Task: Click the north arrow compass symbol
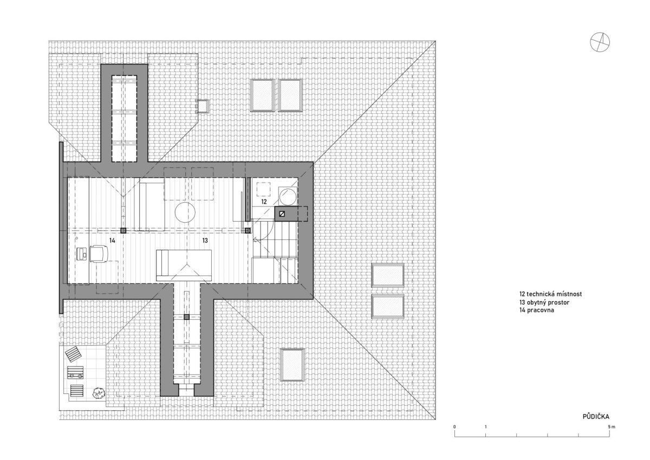click(x=600, y=42)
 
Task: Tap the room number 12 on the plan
click(x=264, y=202)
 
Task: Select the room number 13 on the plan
click(x=205, y=241)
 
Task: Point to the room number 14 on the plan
click(x=112, y=241)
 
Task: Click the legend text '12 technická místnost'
click(x=550, y=294)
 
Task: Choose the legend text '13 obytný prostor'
click(x=544, y=302)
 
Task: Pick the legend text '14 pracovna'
click(x=537, y=310)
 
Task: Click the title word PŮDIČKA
click(x=596, y=417)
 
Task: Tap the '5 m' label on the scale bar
click(x=612, y=426)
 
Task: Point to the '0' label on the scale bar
click(x=454, y=426)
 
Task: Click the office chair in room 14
click(x=99, y=254)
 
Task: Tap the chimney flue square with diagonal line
click(x=282, y=214)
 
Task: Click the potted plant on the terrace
click(x=98, y=393)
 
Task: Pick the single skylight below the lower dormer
click(x=292, y=365)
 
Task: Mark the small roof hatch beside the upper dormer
click(x=203, y=106)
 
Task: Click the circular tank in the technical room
click(x=288, y=196)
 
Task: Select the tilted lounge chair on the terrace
click(x=74, y=354)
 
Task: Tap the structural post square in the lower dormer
click(x=187, y=317)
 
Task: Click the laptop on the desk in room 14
click(x=82, y=254)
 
